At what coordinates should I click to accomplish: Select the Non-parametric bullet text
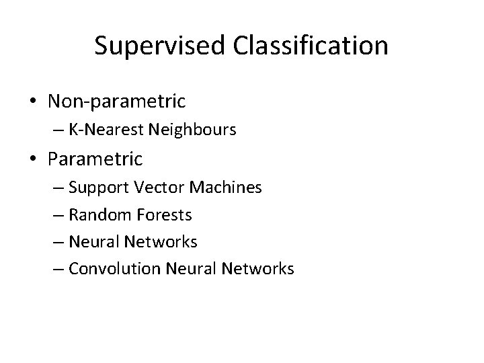pos(116,102)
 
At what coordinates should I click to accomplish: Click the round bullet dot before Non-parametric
pos(33,102)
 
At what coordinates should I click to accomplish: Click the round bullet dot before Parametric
pos(33,160)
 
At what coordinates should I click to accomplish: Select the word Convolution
pos(107,268)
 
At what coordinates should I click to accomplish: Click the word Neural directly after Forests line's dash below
pos(91,241)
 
